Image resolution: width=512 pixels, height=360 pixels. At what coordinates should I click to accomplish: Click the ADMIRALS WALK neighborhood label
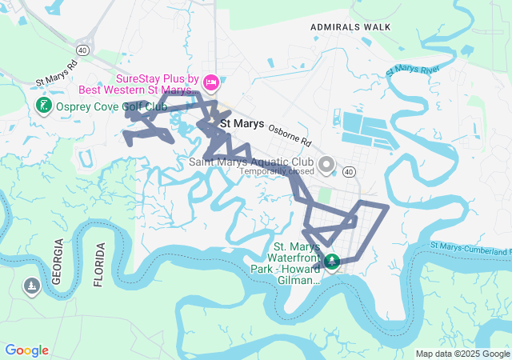pos(350,27)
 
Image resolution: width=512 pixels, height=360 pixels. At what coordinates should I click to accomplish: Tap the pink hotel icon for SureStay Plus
pos(211,81)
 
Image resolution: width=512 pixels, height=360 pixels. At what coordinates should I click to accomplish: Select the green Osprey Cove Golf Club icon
pos(44,106)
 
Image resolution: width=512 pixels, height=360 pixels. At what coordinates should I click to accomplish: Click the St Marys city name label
pos(242,124)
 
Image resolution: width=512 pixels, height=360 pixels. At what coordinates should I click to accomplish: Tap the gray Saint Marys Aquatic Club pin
pos(326,166)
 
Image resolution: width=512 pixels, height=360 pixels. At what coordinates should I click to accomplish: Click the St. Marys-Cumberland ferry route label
pos(470,247)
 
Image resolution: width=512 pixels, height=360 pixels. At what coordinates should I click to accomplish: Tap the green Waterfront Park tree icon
pos(331,261)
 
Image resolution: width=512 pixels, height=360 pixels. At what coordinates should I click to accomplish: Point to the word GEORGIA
pos(57,262)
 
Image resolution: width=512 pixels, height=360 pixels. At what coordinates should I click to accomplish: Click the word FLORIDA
pos(99,264)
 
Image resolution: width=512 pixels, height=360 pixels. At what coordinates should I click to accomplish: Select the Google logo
pos(26,350)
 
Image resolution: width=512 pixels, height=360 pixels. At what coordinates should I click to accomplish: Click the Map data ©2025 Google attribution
pos(462,354)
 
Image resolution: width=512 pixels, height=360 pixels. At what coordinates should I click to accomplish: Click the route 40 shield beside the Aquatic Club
pos(349,171)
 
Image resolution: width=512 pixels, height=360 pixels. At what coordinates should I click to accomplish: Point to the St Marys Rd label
pos(57,73)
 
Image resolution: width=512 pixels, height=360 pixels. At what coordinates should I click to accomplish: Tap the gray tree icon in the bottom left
pos(31,286)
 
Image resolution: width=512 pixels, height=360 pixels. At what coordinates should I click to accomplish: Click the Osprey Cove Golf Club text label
pos(111,106)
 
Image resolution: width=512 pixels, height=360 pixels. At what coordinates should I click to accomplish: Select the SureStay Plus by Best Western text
pos(157,84)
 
